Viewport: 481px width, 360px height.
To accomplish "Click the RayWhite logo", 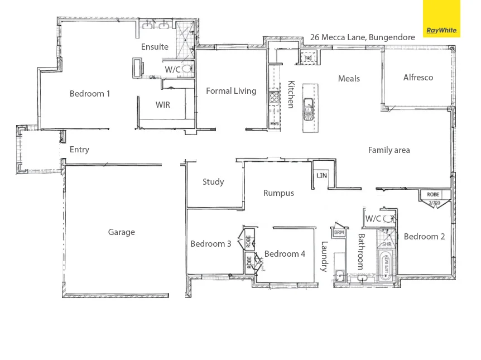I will (441, 19).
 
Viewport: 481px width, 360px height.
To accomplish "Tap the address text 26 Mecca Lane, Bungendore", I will (362, 37).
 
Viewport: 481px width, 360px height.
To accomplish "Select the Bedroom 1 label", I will (90, 94).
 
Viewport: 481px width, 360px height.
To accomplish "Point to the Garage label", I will (121, 232).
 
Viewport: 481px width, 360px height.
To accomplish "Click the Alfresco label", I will (418, 78).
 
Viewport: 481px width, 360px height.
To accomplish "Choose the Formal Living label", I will (231, 91).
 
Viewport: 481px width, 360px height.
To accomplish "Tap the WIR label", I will (163, 104).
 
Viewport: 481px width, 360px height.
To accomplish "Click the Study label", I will (213, 181).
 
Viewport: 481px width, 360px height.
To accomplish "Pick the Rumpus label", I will (278, 193).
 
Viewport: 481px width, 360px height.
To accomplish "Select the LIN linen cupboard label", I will (321, 175).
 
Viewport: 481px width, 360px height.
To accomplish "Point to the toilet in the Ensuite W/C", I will (187, 70).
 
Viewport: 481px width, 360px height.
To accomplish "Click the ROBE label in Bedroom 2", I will (433, 194).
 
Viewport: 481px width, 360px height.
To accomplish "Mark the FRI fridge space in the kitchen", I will (307, 57).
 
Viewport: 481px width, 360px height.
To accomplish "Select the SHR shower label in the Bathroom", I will (386, 244).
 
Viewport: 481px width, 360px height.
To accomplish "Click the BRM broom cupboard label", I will (338, 232).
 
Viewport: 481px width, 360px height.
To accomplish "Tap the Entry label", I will (79, 150).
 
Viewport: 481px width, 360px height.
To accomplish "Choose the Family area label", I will (389, 150).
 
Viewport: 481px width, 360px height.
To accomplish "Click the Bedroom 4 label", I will (285, 254).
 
